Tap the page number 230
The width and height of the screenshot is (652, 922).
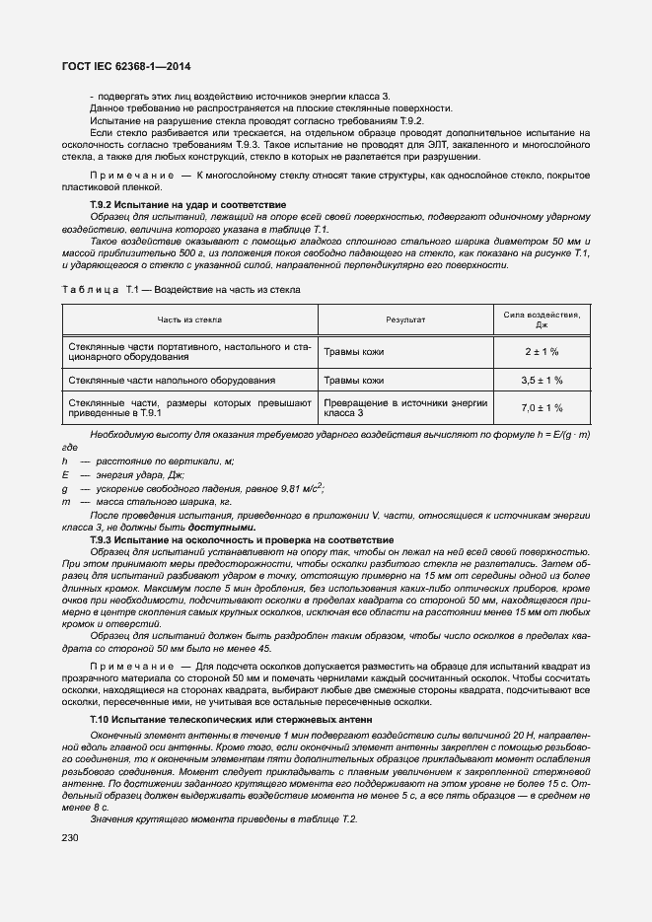(72, 837)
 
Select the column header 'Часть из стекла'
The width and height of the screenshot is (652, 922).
(189, 319)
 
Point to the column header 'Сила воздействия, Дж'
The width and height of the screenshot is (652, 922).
(541, 319)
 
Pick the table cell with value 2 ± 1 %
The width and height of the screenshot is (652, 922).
(541, 352)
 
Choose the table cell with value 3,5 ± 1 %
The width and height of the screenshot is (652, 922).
(541, 380)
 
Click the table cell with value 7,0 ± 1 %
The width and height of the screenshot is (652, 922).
(541, 408)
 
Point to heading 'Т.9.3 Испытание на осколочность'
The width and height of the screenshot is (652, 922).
(242, 540)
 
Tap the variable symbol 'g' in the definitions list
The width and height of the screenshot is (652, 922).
(64, 488)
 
